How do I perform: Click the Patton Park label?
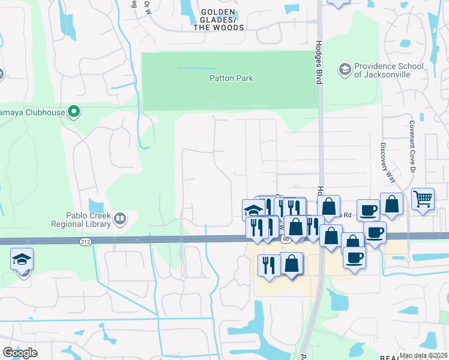click(231, 78)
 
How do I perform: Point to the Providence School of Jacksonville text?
click(388, 70)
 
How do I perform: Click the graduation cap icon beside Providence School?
click(345, 70)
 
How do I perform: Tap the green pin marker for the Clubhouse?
click(74, 112)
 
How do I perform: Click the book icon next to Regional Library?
click(120, 220)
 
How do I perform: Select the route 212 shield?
click(85, 241)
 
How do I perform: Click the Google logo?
click(20, 352)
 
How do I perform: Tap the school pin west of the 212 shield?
click(22, 260)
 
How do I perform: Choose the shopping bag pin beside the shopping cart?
click(391, 203)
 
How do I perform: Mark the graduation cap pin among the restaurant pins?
click(253, 210)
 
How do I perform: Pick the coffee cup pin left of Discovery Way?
click(368, 210)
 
